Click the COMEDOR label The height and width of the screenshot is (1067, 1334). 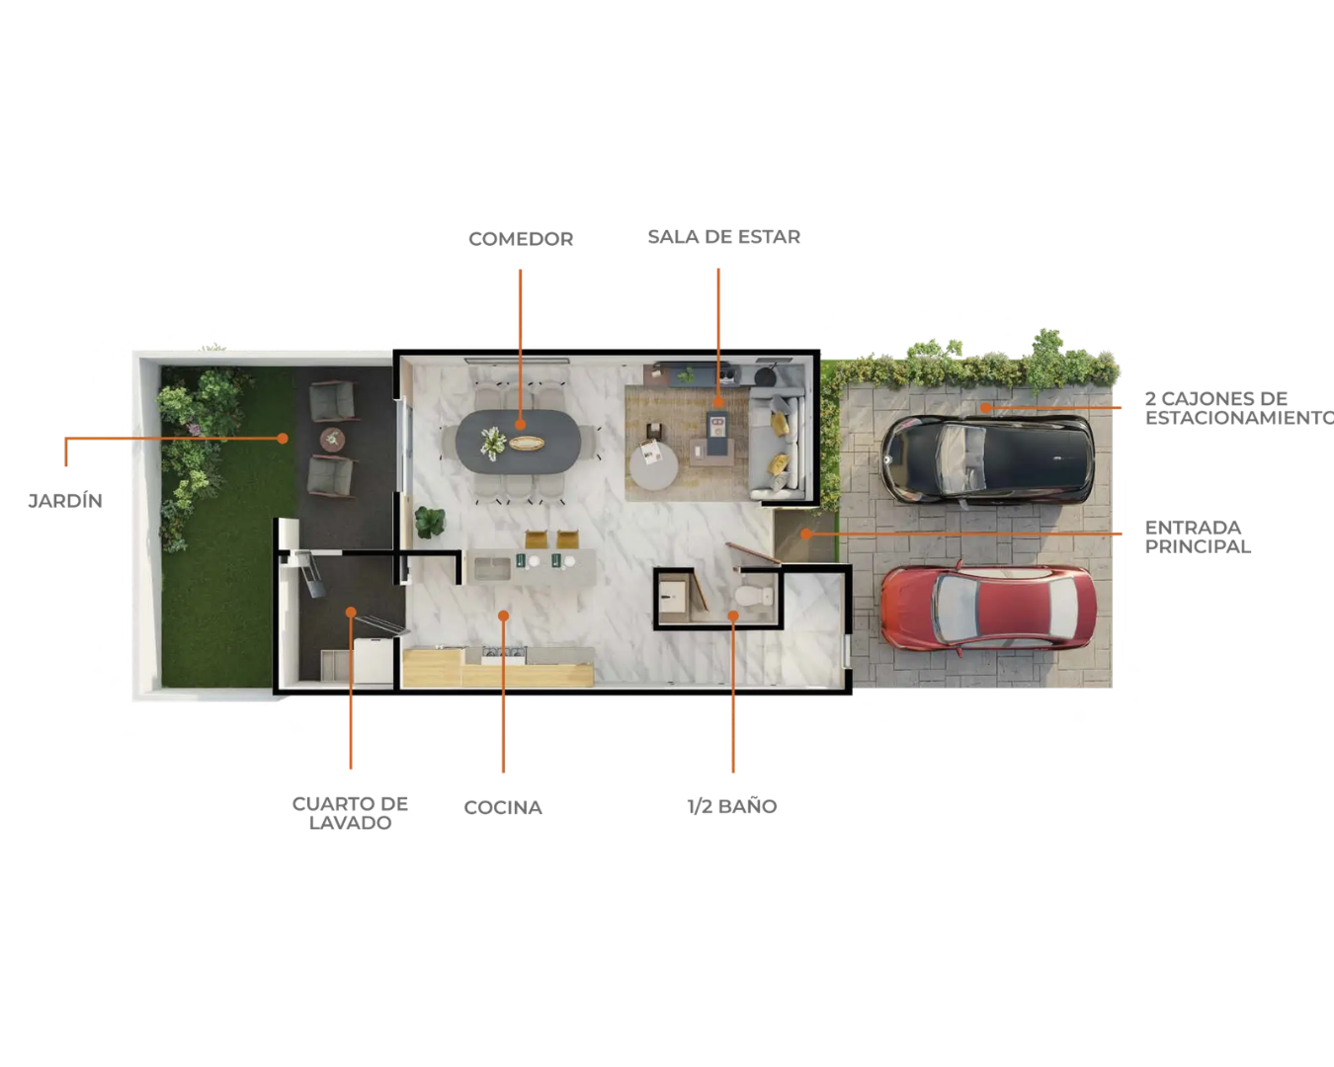click(x=521, y=239)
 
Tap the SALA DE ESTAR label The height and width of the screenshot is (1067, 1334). click(x=724, y=237)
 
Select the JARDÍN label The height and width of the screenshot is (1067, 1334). click(x=65, y=500)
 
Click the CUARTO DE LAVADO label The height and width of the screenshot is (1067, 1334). click(x=350, y=813)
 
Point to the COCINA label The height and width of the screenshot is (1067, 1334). click(x=503, y=807)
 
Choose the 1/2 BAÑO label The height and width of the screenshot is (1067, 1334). click(x=732, y=806)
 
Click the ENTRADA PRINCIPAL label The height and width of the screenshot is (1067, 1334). click(x=1198, y=536)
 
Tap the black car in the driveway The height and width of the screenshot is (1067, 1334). click(x=987, y=458)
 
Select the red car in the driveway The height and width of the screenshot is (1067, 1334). click(x=988, y=607)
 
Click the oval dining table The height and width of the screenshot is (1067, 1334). click(x=518, y=441)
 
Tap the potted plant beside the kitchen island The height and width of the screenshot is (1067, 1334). click(x=430, y=522)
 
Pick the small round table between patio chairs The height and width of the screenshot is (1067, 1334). click(x=333, y=439)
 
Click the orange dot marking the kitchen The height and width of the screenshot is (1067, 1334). click(x=503, y=616)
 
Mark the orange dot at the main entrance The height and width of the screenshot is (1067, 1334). click(x=806, y=533)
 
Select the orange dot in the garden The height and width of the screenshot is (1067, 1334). click(x=283, y=439)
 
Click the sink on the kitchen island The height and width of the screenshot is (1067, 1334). click(x=492, y=568)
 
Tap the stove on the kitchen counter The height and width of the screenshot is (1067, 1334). click(x=504, y=654)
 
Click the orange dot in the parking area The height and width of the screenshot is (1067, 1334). click(x=985, y=407)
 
